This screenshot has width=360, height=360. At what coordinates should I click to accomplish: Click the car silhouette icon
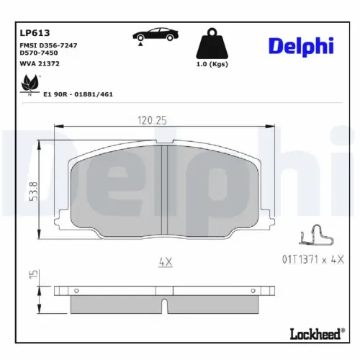pos(154,35)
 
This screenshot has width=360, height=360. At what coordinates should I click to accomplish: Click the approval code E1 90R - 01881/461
pos(78,94)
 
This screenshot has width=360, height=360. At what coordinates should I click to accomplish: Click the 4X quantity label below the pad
pos(165,263)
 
